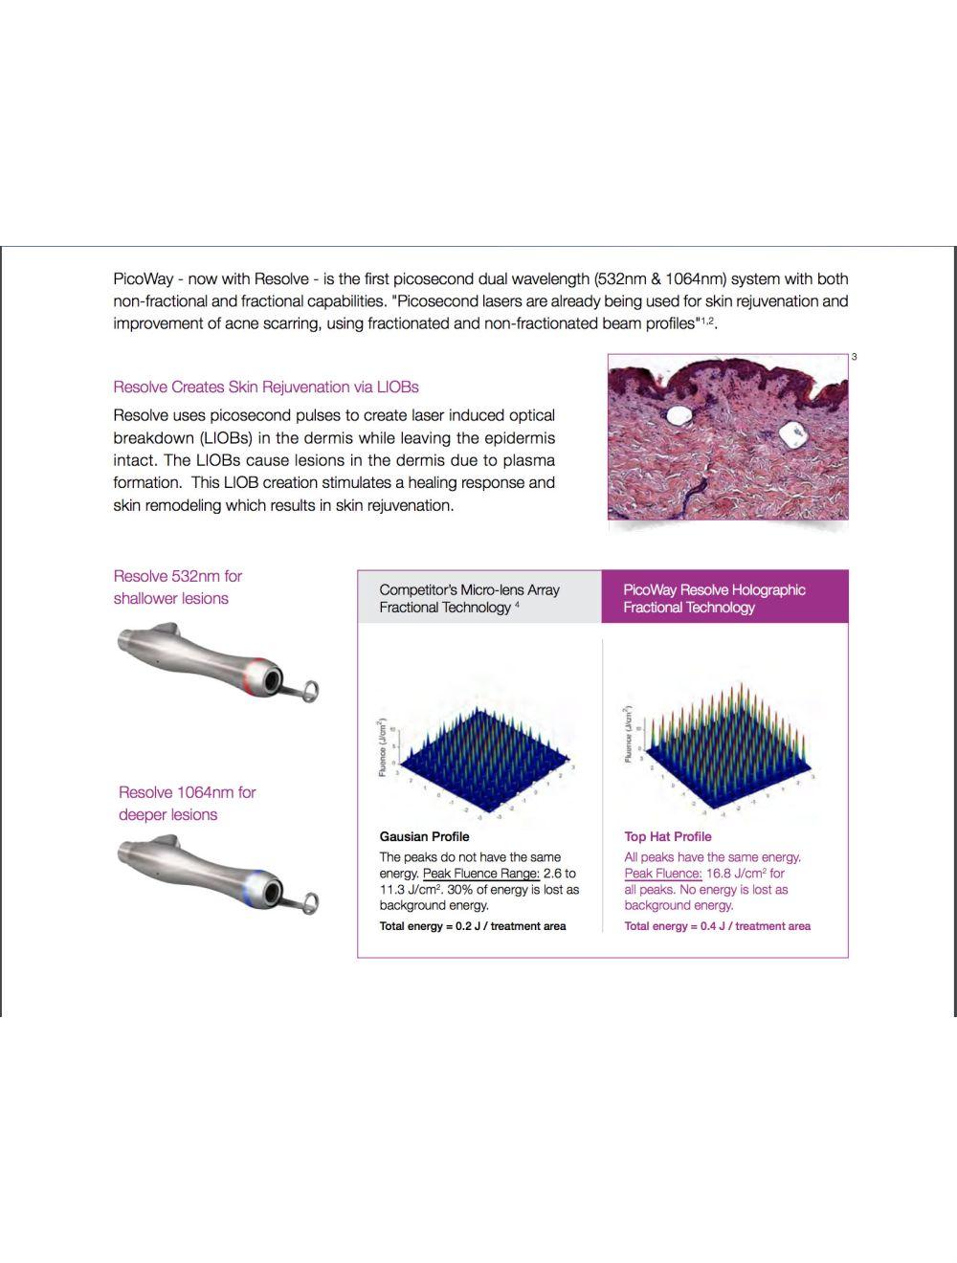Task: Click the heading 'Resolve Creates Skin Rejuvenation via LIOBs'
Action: click(266, 388)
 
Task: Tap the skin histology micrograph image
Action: click(727, 437)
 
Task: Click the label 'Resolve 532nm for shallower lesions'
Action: click(177, 587)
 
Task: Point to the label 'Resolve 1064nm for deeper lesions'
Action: click(187, 804)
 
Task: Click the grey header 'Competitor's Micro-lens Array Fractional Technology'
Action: click(469, 598)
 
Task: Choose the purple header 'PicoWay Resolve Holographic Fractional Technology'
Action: click(714, 598)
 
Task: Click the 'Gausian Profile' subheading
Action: click(424, 836)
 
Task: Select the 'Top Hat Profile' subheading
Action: click(668, 836)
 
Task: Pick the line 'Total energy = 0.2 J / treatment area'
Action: click(472, 926)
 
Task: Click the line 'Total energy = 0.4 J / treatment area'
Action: click(717, 926)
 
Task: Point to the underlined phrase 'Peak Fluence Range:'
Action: click(480, 874)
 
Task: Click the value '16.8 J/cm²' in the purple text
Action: click(736, 874)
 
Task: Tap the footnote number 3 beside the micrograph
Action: click(855, 357)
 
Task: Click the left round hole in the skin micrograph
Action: click(680, 415)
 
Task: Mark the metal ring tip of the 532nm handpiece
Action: click(309, 689)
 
